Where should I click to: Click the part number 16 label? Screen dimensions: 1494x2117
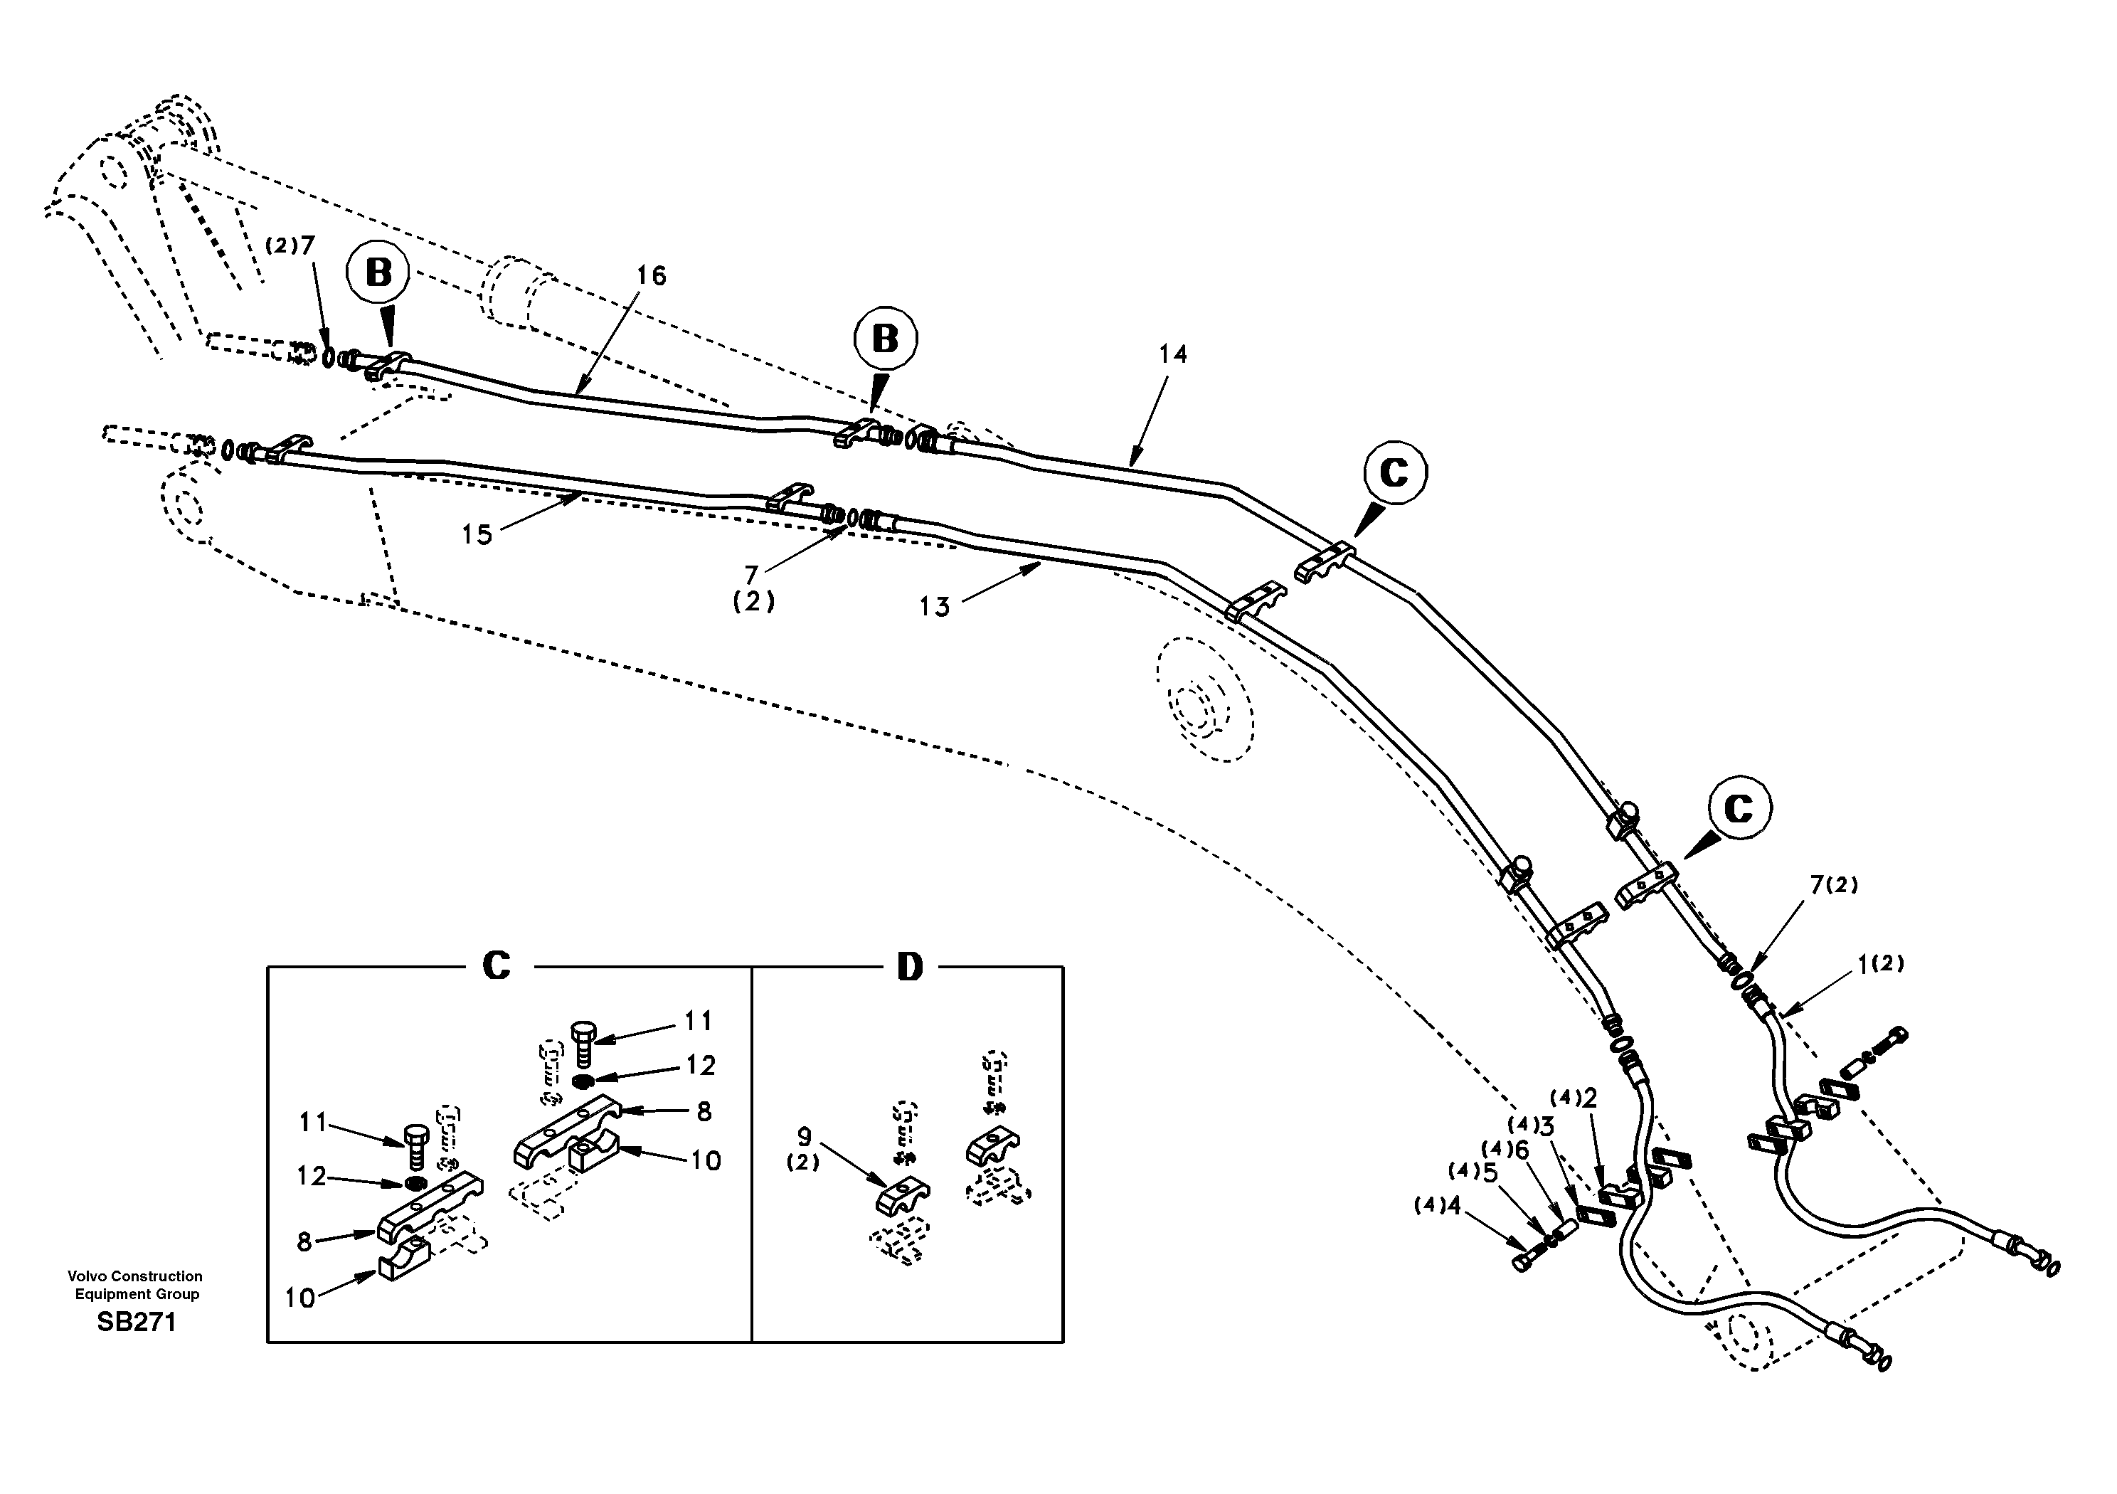point(651,276)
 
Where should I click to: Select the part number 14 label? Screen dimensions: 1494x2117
point(1173,354)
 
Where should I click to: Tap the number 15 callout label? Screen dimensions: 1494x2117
point(477,535)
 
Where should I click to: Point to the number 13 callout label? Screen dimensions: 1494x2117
point(934,607)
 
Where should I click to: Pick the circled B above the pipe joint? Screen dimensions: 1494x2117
point(885,339)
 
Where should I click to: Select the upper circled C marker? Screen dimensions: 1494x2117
point(1394,472)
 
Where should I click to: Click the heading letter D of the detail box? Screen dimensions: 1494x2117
point(909,968)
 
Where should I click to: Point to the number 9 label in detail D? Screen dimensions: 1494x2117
point(804,1137)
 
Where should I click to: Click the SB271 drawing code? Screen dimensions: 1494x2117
point(137,1323)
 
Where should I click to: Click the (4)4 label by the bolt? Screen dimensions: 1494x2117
point(1438,1205)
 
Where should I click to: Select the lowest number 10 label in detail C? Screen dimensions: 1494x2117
point(299,1298)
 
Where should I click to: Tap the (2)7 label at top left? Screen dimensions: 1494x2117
point(290,245)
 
